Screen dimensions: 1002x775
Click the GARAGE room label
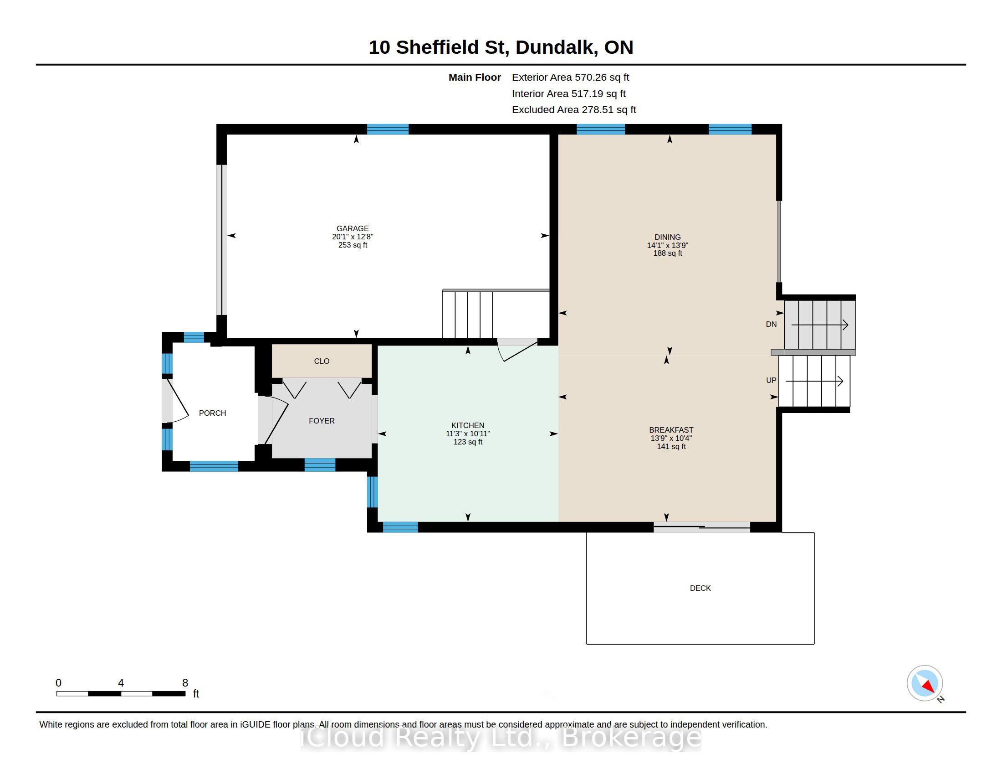(353, 228)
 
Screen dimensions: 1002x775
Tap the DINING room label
(668, 237)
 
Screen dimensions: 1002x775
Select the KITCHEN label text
(467, 425)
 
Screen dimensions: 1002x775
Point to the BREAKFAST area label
(671, 430)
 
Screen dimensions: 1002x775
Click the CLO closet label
(322, 362)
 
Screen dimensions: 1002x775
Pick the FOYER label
(322, 421)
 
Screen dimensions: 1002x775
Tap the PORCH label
(212, 413)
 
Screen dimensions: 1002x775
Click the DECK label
(700, 588)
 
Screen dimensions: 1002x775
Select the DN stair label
(771, 324)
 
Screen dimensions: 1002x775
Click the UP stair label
(771, 380)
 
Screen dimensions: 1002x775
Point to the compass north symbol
(925, 683)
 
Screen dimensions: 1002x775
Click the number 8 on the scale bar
(185, 683)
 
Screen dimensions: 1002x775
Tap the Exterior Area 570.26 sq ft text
(570, 77)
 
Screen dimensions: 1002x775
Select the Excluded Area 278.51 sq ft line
(574, 110)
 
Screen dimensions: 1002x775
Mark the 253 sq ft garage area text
(353, 245)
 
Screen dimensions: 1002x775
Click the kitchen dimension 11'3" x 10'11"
(467, 434)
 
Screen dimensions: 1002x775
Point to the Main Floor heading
(475, 77)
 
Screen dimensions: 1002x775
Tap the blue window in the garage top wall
(388, 129)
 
